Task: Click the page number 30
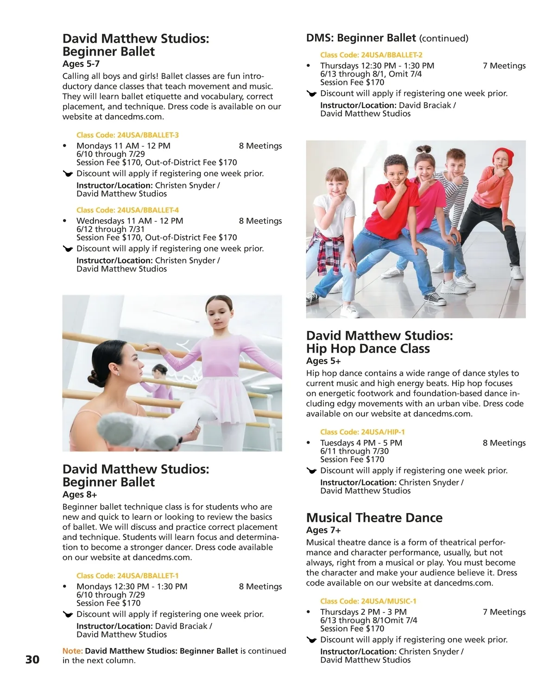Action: (x=32, y=659)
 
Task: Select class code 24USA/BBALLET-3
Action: (x=127, y=135)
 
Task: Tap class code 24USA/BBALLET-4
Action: (x=127, y=210)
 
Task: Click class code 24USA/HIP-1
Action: (x=362, y=432)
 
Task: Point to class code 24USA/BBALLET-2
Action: (x=371, y=55)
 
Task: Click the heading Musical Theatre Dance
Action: (x=374, y=517)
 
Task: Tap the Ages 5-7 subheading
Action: (x=81, y=64)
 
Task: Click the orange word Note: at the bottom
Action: (x=73, y=651)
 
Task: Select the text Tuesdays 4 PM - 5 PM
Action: (x=361, y=443)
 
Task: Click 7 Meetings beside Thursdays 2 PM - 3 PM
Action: (x=504, y=612)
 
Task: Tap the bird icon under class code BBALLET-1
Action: (x=68, y=615)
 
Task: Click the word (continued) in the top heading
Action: (x=443, y=39)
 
